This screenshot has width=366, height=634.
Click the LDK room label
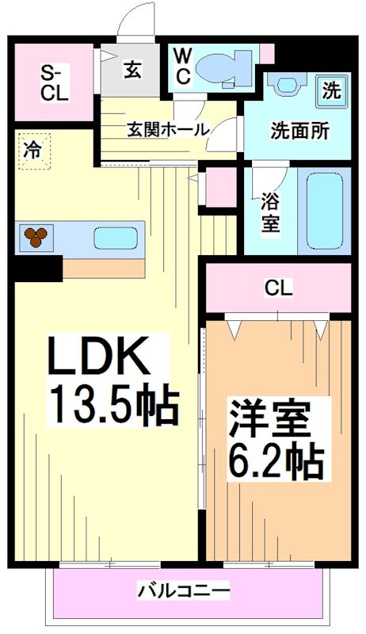click(x=99, y=359)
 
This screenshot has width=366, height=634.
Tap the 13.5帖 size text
click(x=112, y=404)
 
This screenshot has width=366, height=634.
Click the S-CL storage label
click(x=55, y=82)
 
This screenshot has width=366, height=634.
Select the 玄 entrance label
click(x=131, y=70)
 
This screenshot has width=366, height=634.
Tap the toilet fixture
click(x=218, y=68)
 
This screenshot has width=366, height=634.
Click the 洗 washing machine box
click(x=331, y=90)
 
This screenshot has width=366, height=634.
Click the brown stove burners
click(x=36, y=236)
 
